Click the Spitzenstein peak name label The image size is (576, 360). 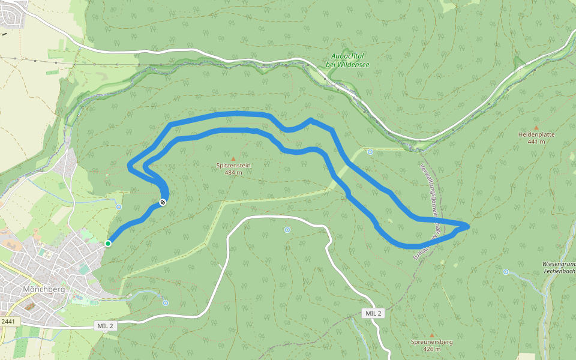[x=233, y=165]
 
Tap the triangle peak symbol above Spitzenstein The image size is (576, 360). [x=233, y=158]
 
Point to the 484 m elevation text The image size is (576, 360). [x=233, y=173]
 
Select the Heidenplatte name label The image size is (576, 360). [x=536, y=135]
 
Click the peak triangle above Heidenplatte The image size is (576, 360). [x=536, y=127]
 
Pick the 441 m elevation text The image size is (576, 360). [x=536, y=142]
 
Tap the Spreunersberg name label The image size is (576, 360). [x=432, y=342]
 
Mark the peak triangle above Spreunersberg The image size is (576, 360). [x=432, y=334]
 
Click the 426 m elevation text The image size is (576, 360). [x=432, y=349]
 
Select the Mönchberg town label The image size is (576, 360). [x=43, y=289]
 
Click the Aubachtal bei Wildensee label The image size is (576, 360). [x=347, y=60]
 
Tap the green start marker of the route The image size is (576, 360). [x=108, y=244]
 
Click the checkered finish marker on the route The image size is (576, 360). [x=163, y=203]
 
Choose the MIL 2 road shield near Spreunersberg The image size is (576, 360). [x=373, y=314]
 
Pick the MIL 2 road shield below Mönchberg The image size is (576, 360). [x=104, y=326]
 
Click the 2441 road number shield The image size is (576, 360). [x=8, y=322]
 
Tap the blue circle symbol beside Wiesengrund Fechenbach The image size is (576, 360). [x=506, y=272]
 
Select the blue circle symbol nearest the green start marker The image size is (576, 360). [x=119, y=207]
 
